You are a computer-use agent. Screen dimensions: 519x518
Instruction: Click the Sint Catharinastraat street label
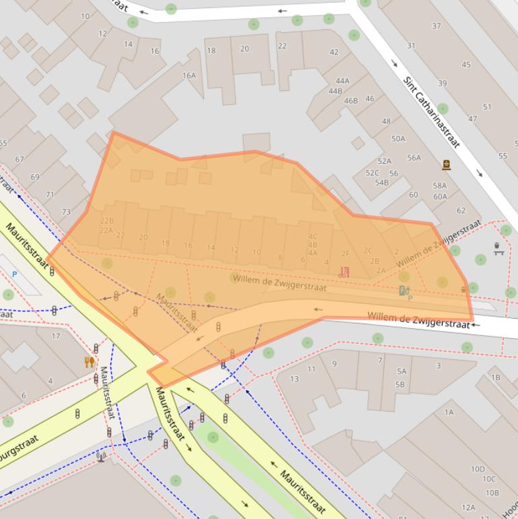pyautogui.click(x=432, y=112)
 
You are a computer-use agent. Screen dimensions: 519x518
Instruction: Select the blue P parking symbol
pyautogui.click(x=14, y=274)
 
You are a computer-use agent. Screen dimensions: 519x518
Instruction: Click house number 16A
pyautogui.click(x=189, y=75)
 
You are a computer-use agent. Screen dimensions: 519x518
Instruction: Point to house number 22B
pyautogui.click(x=107, y=220)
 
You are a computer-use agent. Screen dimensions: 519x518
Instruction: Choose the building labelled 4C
pyautogui.click(x=313, y=237)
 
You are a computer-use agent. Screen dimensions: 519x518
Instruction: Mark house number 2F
pyautogui.click(x=346, y=254)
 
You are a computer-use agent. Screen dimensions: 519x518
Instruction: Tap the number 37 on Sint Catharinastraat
pyautogui.click(x=436, y=26)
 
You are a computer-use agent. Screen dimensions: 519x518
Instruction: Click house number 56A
pyautogui.click(x=414, y=158)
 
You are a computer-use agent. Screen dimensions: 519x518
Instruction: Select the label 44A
pyautogui.click(x=342, y=81)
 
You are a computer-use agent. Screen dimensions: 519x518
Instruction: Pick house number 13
pyautogui.click(x=294, y=379)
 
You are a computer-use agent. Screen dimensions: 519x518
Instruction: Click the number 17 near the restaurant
pyautogui.click(x=56, y=336)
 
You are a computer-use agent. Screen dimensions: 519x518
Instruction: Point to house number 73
pyautogui.click(x=66, y=212)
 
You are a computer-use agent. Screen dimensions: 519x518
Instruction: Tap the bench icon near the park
pyautogui.click(x=498, y=248)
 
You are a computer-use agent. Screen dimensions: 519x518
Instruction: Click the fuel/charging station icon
pyautogui.click(x=403, y=291)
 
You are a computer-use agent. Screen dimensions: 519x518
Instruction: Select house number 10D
pyautogui.click(x=478, y=469)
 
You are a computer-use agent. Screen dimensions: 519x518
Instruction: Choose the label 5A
pyautogui.click(x=401, y=371)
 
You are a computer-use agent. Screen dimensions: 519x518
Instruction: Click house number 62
pyautogui.click(x=461, y=210)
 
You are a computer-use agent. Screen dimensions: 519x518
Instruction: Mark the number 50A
pyautogui.click(x=398, y=139)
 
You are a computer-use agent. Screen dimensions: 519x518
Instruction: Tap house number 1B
pyautogui.click(x=496, y=377)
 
